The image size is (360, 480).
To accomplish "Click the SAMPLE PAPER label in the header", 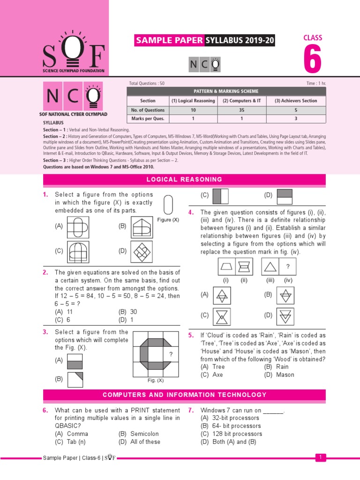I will click(x=169, y=41).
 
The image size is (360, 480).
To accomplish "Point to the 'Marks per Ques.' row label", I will click(x=148, y=119).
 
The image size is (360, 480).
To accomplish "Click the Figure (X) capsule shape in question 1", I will click(x=168, y=205).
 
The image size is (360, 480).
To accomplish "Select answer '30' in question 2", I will click(x=134, y=312).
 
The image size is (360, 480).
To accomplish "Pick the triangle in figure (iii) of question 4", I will click(x=271, y=268).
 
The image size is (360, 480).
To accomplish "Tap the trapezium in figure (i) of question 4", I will click(x=227, y=268).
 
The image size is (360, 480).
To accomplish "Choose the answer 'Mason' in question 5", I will click(x=285, y=375).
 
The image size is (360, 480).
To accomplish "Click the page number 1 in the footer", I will click(x=320, y=457).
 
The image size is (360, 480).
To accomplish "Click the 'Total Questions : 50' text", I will click(x=147, y=83).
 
